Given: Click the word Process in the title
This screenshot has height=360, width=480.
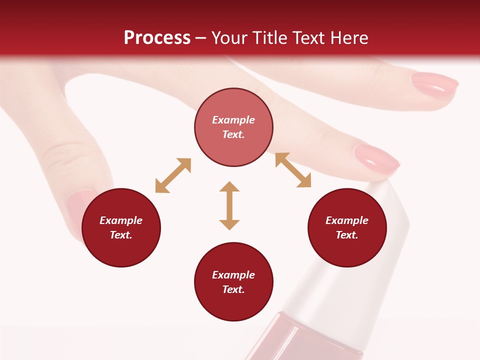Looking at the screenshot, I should [157, 38].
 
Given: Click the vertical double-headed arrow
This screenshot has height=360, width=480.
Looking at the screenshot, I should [229, 205].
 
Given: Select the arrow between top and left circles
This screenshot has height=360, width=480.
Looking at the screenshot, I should [173, 175].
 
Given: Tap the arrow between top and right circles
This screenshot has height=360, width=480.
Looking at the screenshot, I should [293, 170].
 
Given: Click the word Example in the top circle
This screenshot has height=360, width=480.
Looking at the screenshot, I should [233, 120].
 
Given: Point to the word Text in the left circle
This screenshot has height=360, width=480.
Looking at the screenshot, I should [121, 235].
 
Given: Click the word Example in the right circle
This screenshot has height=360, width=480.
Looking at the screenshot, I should [347, 220].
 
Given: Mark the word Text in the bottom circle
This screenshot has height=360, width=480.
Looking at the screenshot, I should [233, 289].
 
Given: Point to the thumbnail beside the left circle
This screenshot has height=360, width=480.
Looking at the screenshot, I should [75, 205].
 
